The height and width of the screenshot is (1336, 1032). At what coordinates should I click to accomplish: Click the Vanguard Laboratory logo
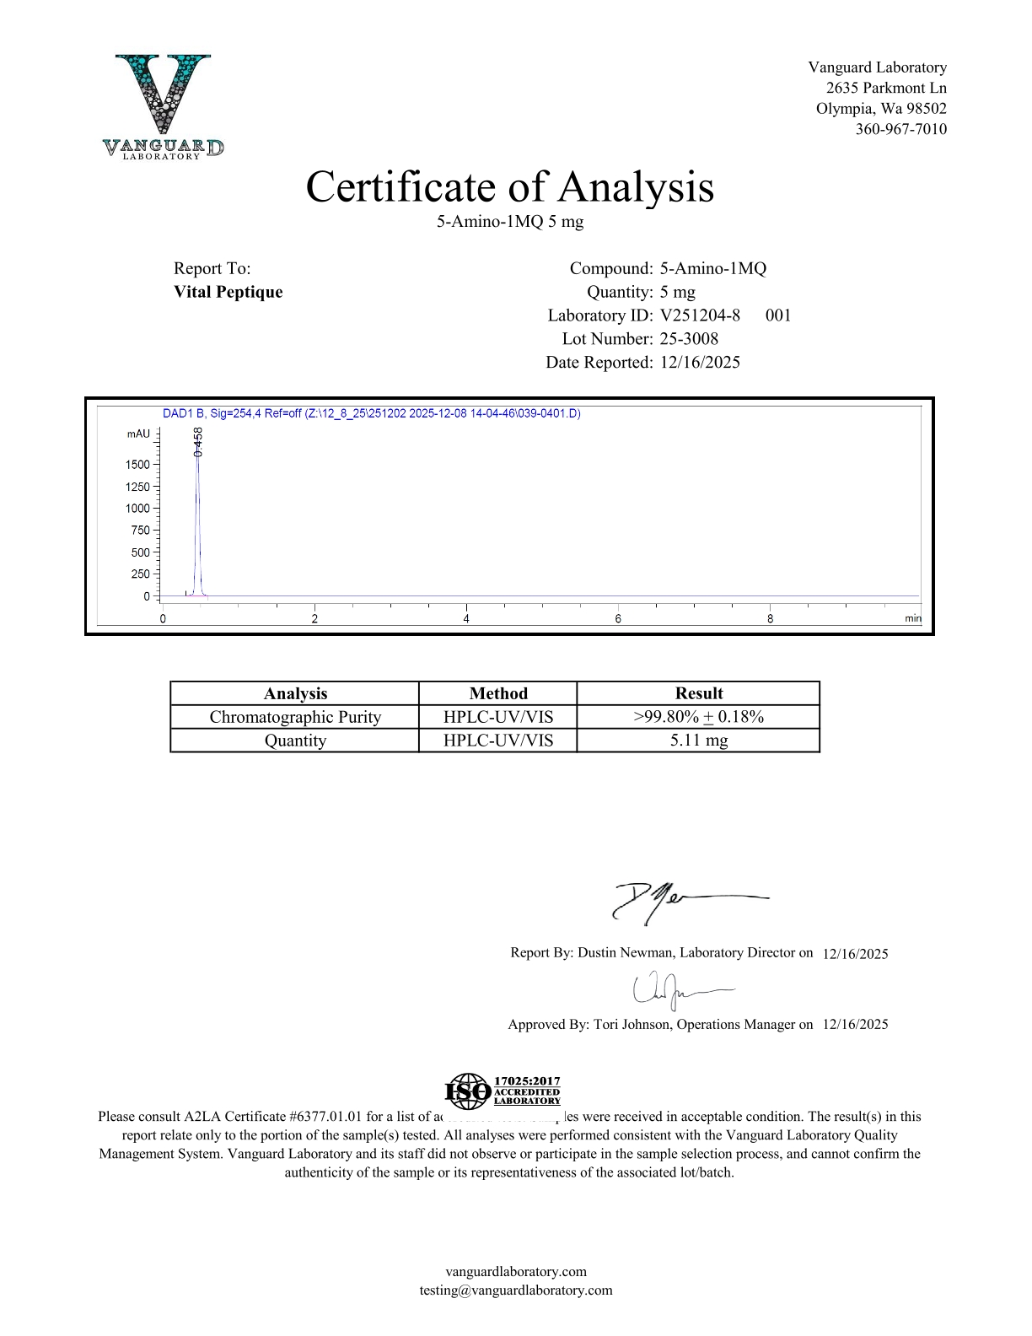pos(163,106)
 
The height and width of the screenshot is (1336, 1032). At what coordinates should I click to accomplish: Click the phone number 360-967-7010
pos(900,129)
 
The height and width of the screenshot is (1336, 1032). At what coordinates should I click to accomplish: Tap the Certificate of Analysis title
pos(509,187)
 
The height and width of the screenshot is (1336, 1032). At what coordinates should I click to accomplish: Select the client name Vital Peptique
pos(228,292)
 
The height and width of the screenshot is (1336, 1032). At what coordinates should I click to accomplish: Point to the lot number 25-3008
pos(689,339)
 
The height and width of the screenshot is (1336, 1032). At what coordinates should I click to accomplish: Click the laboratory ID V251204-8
pos(700,315)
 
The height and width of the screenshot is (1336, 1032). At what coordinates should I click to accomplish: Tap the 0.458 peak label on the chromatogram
pos(198,442)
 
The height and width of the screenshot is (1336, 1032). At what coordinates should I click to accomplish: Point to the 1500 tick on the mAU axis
pos(138,465)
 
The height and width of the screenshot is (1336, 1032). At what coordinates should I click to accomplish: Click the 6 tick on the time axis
pos(618,619)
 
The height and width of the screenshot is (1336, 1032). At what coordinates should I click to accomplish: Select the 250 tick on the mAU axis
pos(141,574)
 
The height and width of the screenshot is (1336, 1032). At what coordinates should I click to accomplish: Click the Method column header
pos(498,693)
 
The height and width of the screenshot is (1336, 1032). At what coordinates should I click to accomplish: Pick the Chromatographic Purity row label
pos(295,717)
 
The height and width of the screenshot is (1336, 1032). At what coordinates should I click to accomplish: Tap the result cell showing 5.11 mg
pos(699,741)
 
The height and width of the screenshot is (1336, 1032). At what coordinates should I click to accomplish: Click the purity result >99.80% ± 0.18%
pos(699,717)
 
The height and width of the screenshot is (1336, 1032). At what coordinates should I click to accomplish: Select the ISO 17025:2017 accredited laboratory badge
pos(503,1091)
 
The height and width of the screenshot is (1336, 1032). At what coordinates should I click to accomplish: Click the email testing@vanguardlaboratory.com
pos(516,1290)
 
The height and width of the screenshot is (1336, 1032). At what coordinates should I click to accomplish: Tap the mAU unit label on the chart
pos(138,434)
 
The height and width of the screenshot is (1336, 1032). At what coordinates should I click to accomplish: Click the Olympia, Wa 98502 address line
pos(881,109)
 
